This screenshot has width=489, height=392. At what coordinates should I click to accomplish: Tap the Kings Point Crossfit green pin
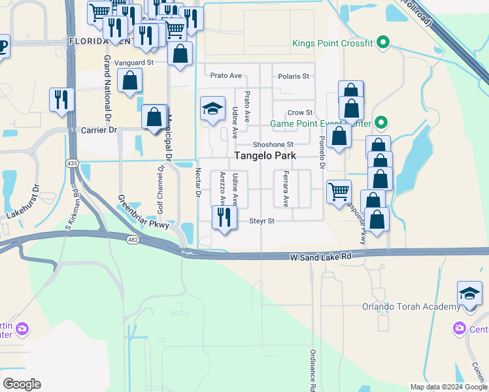384,44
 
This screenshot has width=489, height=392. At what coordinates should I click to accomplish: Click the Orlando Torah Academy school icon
469,293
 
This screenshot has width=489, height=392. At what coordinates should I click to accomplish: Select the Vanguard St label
133,63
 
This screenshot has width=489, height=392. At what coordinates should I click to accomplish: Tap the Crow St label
300,113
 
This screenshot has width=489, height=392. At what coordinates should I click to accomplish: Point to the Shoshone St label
273,144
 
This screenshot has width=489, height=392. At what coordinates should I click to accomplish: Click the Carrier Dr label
98,130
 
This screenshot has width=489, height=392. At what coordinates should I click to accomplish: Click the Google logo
22,384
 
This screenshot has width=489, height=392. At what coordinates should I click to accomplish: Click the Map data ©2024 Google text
447,387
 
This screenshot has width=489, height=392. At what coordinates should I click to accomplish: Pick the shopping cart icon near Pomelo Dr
339,192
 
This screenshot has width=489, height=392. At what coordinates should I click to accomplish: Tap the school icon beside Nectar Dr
212,109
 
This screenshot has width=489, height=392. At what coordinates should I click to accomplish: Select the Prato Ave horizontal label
222,76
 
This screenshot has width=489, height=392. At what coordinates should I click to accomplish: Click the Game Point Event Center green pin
384,123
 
